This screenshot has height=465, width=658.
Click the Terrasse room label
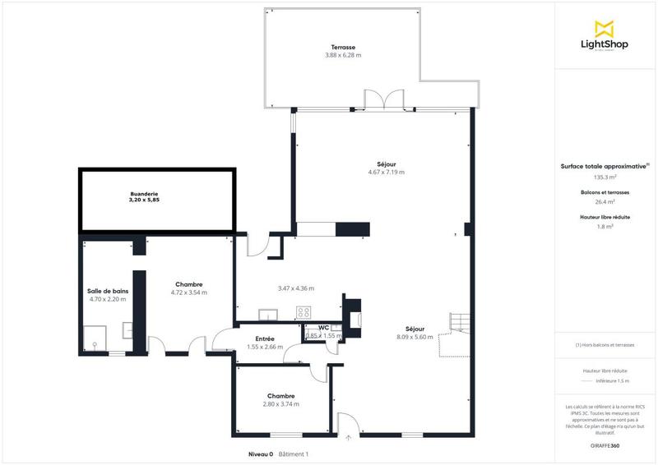click(x=343, y=48)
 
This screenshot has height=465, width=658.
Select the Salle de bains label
click(x=108, y=291)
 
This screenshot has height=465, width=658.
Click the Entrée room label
click(x=265, y=338)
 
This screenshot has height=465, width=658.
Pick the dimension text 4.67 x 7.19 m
click(x=386, y=172)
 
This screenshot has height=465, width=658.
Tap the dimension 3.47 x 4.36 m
click(x=296, y=288)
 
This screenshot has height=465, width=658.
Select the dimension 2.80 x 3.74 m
click(x=281, y=403)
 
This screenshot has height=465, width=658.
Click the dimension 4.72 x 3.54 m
click(x=188, y=292)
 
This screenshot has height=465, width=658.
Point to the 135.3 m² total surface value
click(x=605, y=177)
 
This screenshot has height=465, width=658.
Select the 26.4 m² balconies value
click(x=605, y=201)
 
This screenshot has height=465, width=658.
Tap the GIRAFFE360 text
click(x=604, y=444)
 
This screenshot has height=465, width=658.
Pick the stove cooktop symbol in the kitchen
click(x=304, y=312)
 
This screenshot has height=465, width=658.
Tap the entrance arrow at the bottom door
click(x=349, y=437)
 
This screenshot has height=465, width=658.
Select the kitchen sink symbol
click(x=268, y=313)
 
